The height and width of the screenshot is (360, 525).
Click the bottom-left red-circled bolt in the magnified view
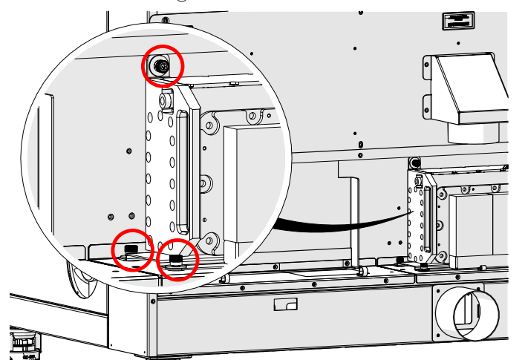[132, 249]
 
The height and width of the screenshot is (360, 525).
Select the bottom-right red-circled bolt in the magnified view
[177, 259]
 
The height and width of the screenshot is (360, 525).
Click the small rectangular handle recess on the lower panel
[285, 304]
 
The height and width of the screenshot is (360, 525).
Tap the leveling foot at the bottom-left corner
[23, 343]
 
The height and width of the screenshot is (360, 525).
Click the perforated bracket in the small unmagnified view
[417, 215]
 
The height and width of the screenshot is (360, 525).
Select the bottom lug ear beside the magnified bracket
[211, 240]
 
